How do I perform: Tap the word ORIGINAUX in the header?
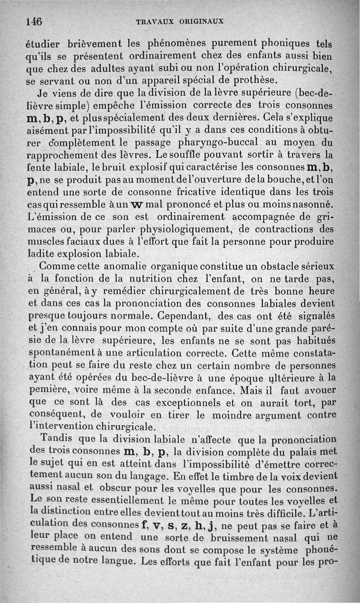click(x=202, y=21)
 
